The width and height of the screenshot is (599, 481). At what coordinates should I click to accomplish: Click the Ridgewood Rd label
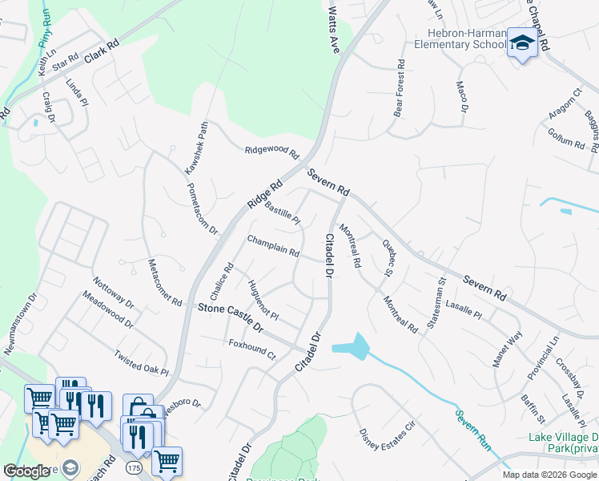[271, 150]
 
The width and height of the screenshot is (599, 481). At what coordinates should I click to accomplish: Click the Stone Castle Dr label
[230, 317]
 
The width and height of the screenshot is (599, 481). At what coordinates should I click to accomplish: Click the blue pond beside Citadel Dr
[351, 348]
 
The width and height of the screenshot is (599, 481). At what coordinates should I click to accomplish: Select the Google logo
[26, 471]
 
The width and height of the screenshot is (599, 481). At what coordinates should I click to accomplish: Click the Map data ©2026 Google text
[549, 475]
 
